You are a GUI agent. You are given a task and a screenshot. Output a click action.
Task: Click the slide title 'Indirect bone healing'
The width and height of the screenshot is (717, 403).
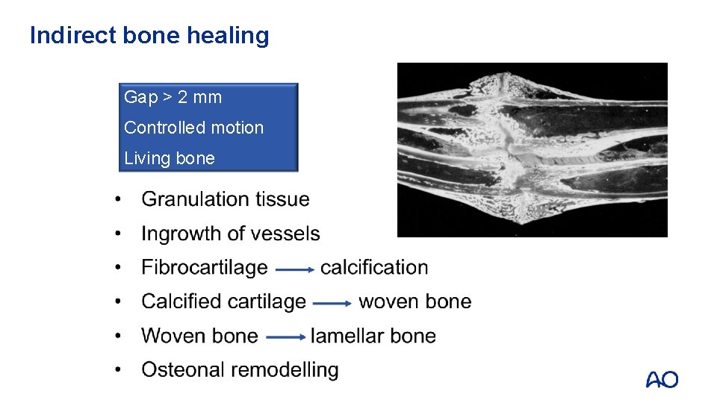coord(149,36)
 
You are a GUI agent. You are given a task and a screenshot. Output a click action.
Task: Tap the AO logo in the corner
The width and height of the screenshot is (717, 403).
coord(662,380)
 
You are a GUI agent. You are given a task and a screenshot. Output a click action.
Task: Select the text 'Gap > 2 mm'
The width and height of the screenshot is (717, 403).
coord(173,97)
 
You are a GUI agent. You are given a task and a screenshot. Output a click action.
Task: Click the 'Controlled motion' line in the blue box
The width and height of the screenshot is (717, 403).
coord(193,128)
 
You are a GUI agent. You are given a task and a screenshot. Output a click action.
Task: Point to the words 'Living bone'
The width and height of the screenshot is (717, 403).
coord(169,158)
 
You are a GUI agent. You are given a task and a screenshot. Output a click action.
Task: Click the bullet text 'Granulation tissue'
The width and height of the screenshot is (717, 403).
coord(225,199)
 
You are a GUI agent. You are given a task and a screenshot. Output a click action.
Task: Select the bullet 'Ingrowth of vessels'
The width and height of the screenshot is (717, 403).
coord(230,234)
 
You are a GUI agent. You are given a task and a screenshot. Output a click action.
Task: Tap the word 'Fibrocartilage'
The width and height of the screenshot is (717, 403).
coord(204,267)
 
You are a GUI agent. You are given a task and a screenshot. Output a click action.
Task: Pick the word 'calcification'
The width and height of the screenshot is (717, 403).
coord(374,267)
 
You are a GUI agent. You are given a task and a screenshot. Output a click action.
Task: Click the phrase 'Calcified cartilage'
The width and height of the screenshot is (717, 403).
coord(223,302)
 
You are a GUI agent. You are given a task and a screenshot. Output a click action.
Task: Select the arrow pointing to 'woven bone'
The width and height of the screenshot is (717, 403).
coord(332,303)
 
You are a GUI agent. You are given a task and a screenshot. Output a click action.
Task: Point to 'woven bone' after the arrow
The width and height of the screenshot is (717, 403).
coord(415,302)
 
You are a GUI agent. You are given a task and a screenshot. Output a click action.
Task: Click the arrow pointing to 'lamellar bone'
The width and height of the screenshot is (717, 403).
coord(285,337)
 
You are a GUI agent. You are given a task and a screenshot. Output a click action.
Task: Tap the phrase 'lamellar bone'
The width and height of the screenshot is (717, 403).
coord(373,336)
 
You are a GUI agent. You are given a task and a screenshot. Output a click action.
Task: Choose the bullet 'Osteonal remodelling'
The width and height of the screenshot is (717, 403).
coord(240,369)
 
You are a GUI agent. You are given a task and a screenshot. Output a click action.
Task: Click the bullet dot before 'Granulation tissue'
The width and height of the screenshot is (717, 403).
coord(118,200)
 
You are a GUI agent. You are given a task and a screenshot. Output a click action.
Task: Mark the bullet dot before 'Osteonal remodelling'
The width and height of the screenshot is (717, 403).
coord(118,370)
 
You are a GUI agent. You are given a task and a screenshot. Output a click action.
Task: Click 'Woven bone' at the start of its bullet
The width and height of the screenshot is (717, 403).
coord(199,336)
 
